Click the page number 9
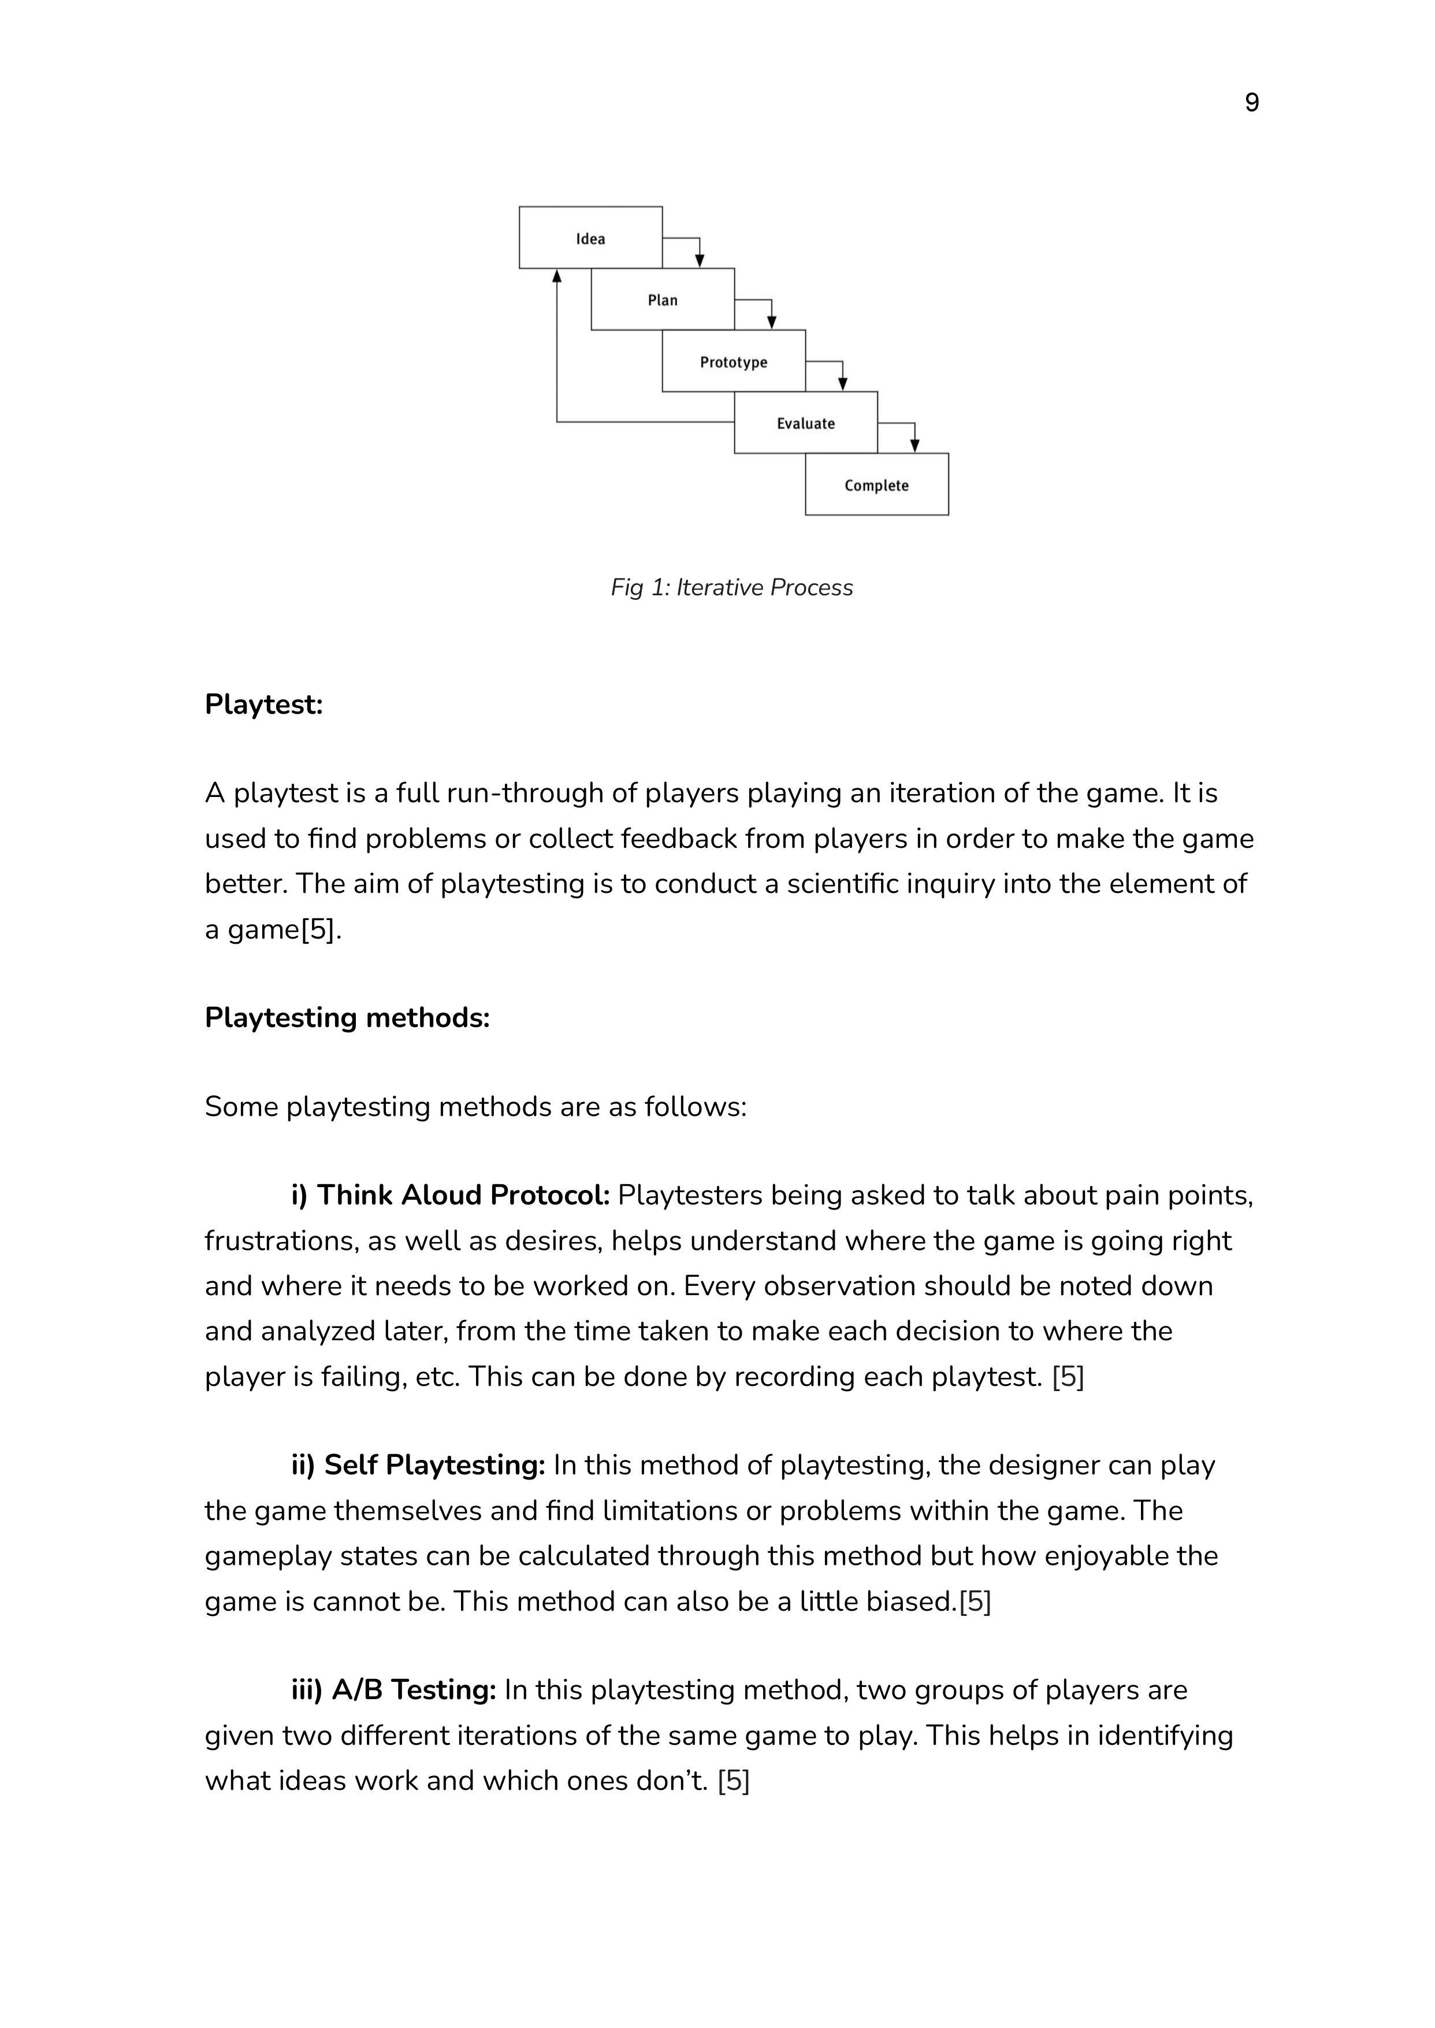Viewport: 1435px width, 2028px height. tap(1251, 103)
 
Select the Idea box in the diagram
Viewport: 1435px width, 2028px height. tap(590, 238)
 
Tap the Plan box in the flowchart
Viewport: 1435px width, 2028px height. tap(662, 300)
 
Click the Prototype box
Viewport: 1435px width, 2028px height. tap(734, 362)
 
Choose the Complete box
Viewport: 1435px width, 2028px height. tap(876, 485)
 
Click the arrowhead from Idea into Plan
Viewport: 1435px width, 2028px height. tap(700, 261)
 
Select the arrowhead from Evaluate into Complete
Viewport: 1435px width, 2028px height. tap(914, 446)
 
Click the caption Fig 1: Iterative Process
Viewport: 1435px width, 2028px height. tap(731, 588)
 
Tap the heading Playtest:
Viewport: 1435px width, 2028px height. tap(263, 705)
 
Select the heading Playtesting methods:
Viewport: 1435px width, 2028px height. tap(347, 1018)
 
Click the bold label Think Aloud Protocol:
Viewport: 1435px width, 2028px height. tap(451, 1195)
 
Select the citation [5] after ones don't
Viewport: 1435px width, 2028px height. tap(734, 1781)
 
